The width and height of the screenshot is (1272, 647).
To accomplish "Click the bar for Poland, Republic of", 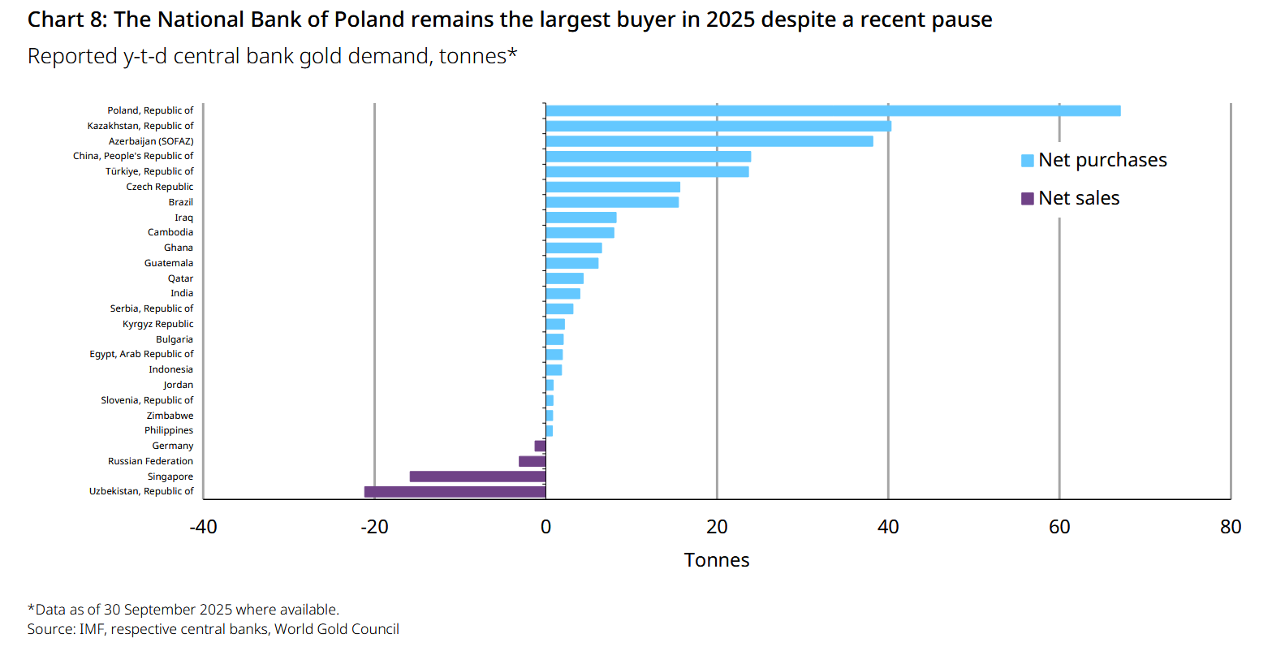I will [833, 110].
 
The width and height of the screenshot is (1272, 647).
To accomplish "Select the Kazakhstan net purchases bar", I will [718, 126].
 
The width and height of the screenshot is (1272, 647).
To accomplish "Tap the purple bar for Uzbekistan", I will [455, 491].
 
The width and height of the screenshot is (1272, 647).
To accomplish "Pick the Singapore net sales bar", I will [477, 477].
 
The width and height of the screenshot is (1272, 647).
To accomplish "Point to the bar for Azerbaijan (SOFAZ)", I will [709, 141].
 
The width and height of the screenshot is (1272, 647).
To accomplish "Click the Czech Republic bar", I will [613, 187].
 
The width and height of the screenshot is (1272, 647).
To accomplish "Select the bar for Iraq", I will [581, 218].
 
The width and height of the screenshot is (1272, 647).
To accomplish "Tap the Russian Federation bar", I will [533, 461].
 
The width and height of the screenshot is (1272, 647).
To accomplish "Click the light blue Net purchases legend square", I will [1027, 161].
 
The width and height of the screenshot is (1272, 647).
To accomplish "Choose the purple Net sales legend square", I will [1027, 198].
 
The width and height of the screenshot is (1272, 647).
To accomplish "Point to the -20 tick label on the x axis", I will [374, 527].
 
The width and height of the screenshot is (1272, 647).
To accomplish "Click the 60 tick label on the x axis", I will [1059, 527].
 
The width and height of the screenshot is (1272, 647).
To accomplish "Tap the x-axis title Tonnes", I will [717, 560].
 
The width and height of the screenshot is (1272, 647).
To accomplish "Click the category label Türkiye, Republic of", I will [149, 171].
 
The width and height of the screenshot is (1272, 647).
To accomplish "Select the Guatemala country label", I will [169, 263].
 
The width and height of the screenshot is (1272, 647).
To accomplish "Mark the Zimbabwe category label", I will [170, 416].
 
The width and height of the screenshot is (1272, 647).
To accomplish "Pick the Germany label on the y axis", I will [173, 446].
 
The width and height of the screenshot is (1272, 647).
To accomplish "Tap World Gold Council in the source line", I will [337, 629].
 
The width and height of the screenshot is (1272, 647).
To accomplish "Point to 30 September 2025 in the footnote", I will [167, 610].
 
